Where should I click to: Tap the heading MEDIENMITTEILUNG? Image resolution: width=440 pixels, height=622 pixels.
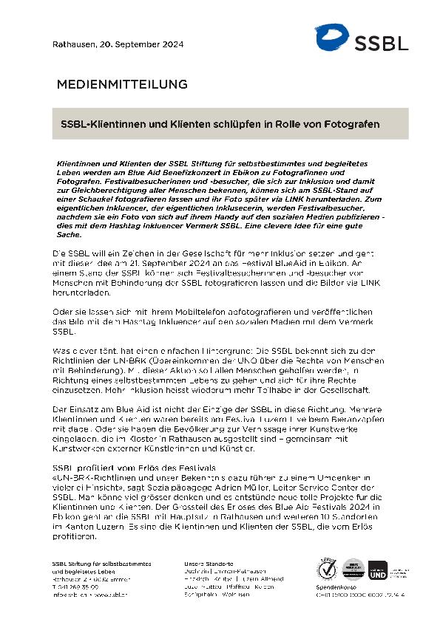tap(122, 84)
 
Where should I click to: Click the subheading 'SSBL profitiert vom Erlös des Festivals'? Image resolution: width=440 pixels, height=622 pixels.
tap(123, 468)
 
